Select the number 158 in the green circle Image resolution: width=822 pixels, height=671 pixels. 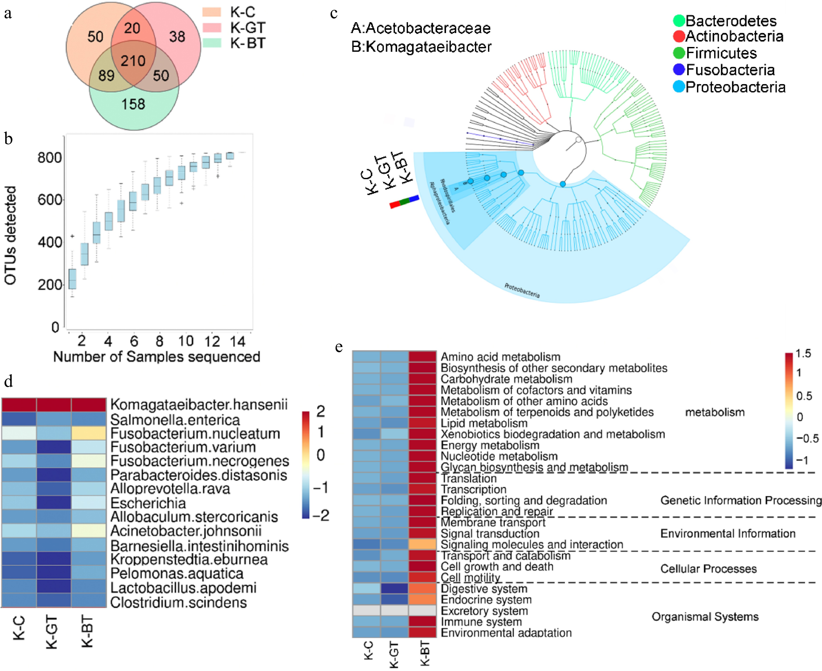(x=133, y=104)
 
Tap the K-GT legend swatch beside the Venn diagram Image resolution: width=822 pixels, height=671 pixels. (x=212, y=27)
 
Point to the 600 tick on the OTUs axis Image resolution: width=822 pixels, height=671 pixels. (x=49, y=200)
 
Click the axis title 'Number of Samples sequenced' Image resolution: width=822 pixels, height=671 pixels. (x=157, y=356)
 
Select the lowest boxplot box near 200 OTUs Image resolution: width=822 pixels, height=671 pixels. (x=72, y=279)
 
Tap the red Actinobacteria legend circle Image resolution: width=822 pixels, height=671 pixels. (x=679, y=36)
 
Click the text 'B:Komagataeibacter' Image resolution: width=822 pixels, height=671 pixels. (x=421, y=47)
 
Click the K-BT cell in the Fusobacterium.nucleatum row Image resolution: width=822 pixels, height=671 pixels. (x=89, y=433)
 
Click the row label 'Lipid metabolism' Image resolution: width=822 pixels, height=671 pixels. (x=484, y=423)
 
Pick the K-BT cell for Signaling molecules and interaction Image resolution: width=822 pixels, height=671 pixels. (x=422, y=544)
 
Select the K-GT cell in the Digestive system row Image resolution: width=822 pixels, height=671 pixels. (x=394, y=589)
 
